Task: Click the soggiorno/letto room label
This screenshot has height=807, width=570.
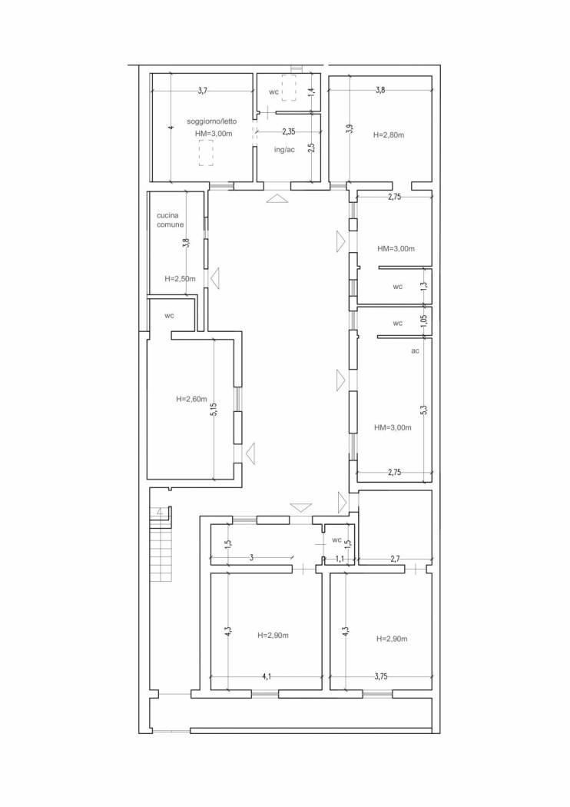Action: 212,122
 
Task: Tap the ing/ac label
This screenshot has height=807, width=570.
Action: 284,150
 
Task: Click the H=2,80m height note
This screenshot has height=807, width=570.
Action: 389,135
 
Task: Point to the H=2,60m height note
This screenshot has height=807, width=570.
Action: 191,399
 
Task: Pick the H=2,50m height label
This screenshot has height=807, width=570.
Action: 180,279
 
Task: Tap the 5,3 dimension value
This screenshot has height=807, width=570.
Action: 423,410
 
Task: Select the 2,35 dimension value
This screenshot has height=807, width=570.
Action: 289,131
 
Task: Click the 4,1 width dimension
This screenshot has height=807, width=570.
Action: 266,677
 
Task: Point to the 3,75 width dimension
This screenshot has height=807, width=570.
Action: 381,677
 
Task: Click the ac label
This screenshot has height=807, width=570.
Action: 415,350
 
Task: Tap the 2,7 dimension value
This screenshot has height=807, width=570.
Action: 394,558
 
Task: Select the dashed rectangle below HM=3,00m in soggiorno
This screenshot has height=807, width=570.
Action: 207,154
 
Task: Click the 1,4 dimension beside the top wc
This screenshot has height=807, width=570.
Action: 310,93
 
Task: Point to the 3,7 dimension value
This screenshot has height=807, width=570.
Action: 202,91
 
